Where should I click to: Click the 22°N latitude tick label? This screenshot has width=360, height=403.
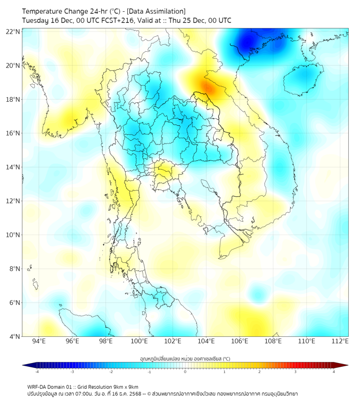(x=13, y=31)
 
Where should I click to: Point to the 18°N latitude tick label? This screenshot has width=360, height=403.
(x=13, y=99)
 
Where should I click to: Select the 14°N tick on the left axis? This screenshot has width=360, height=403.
(x=13, y=167)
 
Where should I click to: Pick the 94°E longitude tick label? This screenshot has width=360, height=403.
(x=39, y=341)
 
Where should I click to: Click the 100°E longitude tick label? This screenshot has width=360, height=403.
(x=140, y=341)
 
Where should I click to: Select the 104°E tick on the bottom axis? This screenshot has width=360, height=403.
(x=207, y=341)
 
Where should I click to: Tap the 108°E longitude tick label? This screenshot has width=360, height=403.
(x=273, y=341)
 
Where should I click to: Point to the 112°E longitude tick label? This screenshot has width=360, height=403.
(x=340, y=341)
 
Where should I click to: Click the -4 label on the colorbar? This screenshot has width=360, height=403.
(x=37, y=372)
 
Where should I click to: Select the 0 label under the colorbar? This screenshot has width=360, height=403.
(x=185, y=372)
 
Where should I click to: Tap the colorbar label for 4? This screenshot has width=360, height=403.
(x=333, y=372)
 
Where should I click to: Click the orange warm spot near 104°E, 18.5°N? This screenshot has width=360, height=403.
(x=207, y=87)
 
